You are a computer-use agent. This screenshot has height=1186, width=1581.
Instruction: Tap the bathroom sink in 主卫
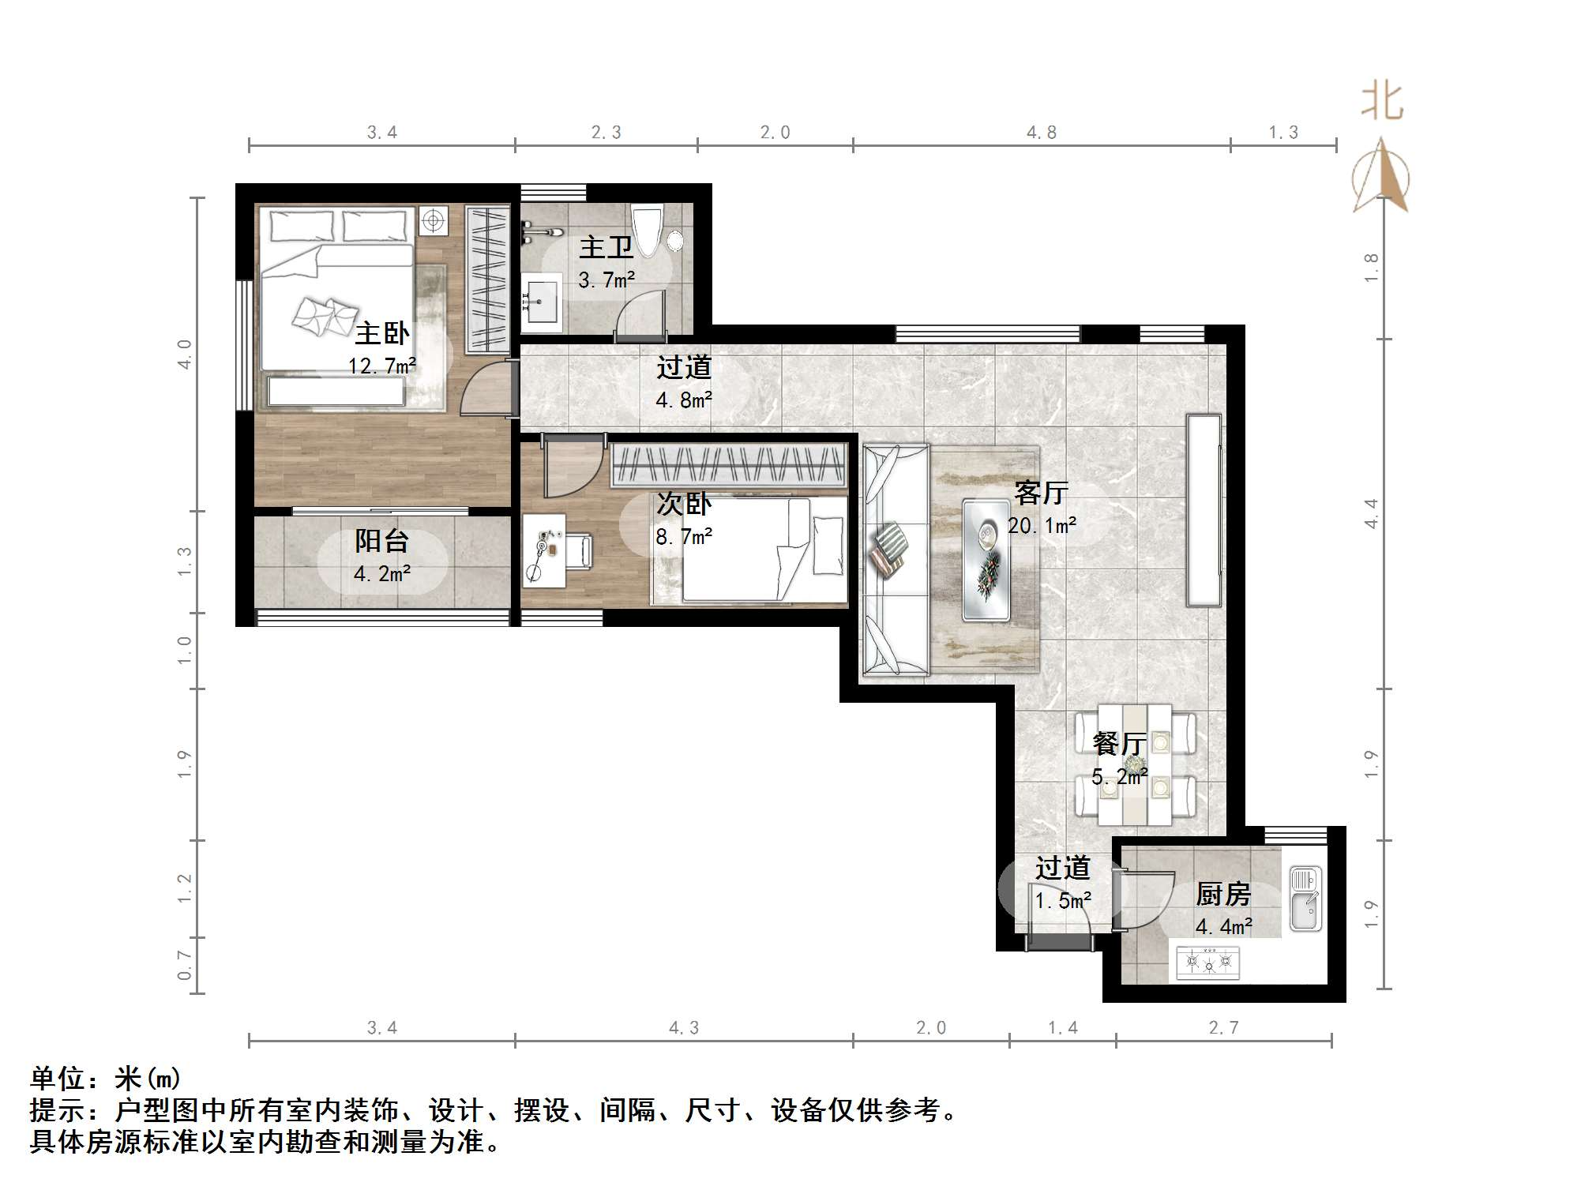point(541,302)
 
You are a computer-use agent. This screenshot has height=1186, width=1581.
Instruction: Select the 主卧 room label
point(382,333)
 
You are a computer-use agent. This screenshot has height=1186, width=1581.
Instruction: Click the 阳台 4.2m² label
point(382,557)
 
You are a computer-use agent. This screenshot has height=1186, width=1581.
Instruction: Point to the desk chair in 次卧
point(579,550)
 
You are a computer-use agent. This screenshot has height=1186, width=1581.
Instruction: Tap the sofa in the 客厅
point(896,560)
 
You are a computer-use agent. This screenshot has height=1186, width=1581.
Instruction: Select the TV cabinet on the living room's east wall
point(1204,510)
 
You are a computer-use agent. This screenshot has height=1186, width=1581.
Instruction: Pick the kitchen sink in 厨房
point(1305,899)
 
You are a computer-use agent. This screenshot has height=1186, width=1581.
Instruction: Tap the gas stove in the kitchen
point(1207,963)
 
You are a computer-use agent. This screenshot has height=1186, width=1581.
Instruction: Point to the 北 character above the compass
point(1381,103)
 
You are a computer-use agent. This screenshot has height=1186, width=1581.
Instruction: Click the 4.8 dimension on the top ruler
point(1041,133)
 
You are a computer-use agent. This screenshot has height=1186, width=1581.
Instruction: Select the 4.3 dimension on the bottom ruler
point(684,1028)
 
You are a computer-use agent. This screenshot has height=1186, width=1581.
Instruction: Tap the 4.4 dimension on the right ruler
point(1372,513)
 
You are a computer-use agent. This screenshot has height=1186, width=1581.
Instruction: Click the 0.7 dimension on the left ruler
point(184,965)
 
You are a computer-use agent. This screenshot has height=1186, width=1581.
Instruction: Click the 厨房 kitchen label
point(1223,895)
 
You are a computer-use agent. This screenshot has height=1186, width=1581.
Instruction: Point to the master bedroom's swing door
point(483,388)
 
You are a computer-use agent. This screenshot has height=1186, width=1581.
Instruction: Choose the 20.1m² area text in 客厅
point(1042,525)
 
